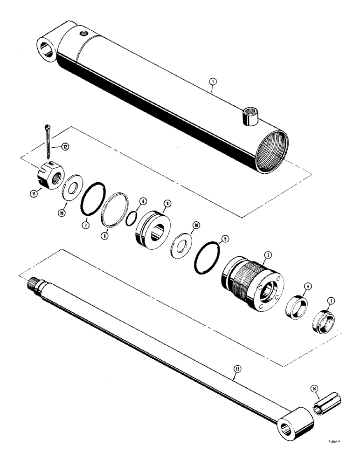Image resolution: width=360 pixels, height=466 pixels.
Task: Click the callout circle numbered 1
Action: click(x=212, y=82)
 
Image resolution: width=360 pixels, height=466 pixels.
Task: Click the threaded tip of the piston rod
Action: click(x=35, y=282)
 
